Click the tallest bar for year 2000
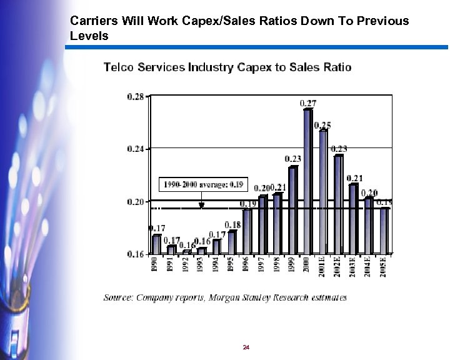pyautogui.click(x=307, y=181)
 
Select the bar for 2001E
pyautogui.click(x=323, y=191)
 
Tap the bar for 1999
pyautogui.click(x=292, y=209)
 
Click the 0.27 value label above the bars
pyautogui.click(x=307, y=102)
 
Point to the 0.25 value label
pyautogui.click(x=322, y=125)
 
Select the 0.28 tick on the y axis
pyautogui.click(x=136, y=96)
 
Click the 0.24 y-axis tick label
pyautogui.click(x=136, y=149)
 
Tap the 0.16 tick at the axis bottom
pyautogui.click(x=136, y=254)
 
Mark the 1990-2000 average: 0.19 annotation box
pyautogui.click(x=203, y=185)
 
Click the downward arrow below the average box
pyautogui.click(x=201, y=202)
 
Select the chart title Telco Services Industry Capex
pyautogui.click(x=227, y=67)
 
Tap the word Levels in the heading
pyautogui.click(x=89, y=36)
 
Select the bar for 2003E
pyautogui.click(x=353, y=219)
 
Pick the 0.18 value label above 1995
pyautogui.click(x=232, y=224)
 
